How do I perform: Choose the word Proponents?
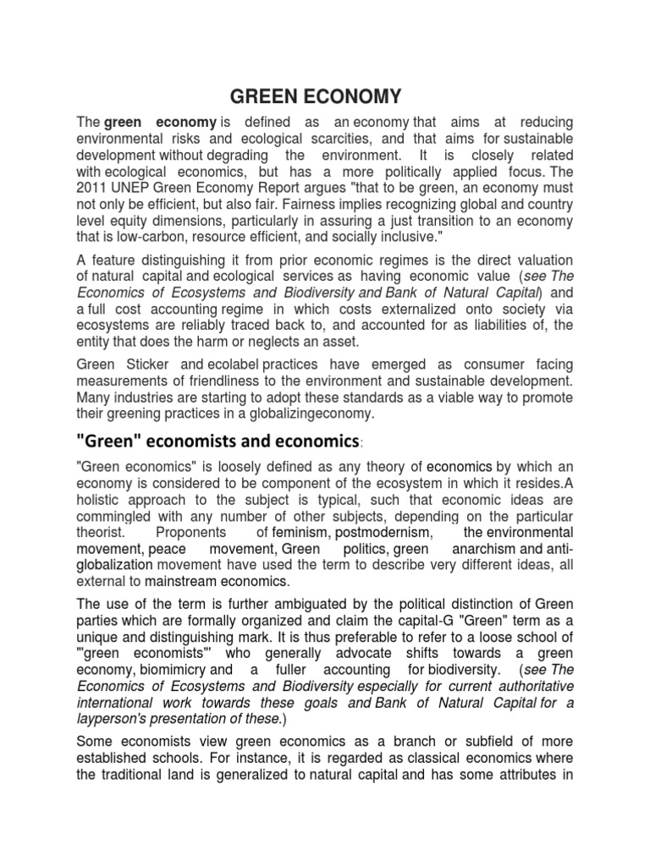click(191, 533)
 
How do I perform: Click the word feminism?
click(301, 533)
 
